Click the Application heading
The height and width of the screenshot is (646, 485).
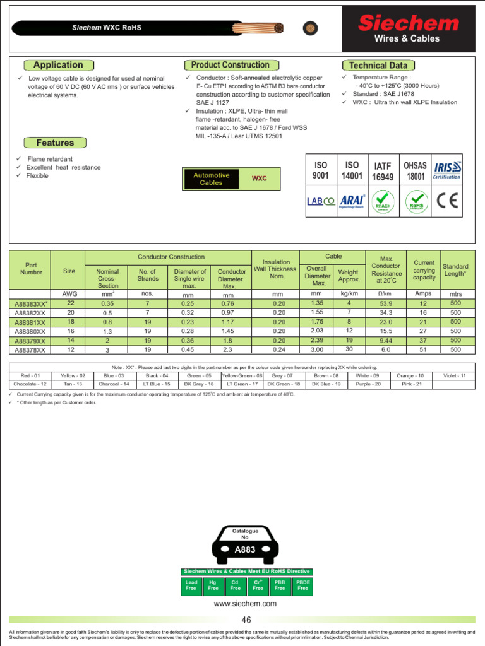(x=58, y=65)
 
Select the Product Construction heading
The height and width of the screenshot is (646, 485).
(x=230, y=65)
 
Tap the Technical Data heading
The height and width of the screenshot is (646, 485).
(x=378, y=66)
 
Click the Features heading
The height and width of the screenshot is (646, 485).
(x=55, y=143)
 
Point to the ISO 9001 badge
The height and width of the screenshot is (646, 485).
(x=321, y=170)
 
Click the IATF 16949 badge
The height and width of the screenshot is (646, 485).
(x=383, y=171)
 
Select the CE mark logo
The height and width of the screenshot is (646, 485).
(x=447, y=201)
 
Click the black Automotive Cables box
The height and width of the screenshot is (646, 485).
(x=212, y=179)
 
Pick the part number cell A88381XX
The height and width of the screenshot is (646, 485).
(x=30, y=322)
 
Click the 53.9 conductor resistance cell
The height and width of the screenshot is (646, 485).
(x=386, y=303)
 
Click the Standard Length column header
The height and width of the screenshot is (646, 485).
(x=455, y=270)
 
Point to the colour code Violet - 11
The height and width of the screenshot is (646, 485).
(x=454, y=375)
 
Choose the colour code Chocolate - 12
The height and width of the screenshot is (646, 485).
(x=30, y=384)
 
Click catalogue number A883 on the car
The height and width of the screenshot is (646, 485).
(x=244, y=549)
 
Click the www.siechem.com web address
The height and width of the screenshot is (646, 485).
(x=246, y=604)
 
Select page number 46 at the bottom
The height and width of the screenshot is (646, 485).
(x=246, y=620)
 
